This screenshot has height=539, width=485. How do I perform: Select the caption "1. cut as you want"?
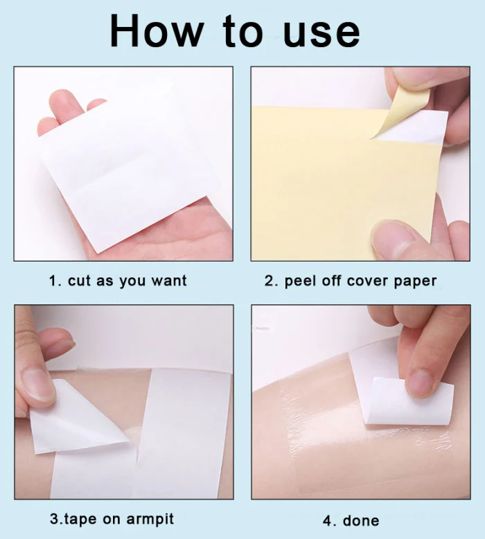(118, 281)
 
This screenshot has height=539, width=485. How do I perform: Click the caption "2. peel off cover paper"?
(351, 281)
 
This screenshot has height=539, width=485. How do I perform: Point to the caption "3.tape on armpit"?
(112, 518)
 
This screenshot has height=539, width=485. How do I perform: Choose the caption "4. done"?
(351, 520)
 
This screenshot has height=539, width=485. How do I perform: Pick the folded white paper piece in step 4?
(409, 401)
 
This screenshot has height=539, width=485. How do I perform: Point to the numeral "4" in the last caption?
(328, 520)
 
